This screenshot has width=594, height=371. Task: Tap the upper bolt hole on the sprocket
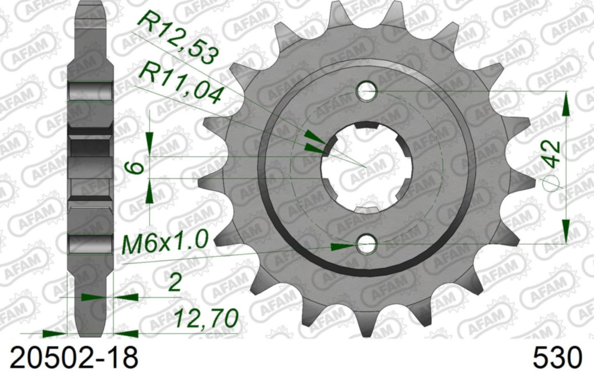[x=367, y=92]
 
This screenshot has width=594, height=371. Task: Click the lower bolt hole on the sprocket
[x=367, y=244]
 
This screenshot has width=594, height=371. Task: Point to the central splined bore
[x=366, y=167]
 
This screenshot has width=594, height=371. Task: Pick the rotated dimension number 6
[x=138, y=168]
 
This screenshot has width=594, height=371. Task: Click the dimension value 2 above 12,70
[x=174, y=283]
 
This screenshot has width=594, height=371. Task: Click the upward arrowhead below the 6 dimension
[x=149, y=191]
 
